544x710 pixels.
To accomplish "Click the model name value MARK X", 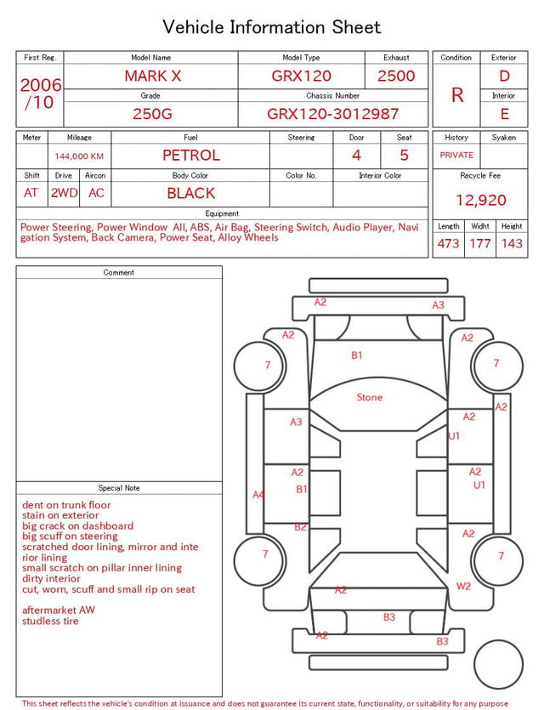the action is click(x=152, y=76).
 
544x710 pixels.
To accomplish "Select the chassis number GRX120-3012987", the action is click(x=332, y=114).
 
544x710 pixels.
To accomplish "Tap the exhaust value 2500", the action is click(x=396, y=76).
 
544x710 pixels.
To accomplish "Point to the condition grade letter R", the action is click(x=457, y=95).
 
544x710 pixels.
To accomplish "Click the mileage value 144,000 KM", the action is click(x=79, y=156).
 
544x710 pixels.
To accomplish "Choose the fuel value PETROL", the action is click(x=191, y=156).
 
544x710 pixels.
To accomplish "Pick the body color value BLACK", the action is click(x=191, y=193).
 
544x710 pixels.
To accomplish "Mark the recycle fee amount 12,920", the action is click(x=480, y=200).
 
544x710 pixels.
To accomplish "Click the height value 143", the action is click(x=512, y=243).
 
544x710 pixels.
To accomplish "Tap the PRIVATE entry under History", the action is click(x=456, y=155).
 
